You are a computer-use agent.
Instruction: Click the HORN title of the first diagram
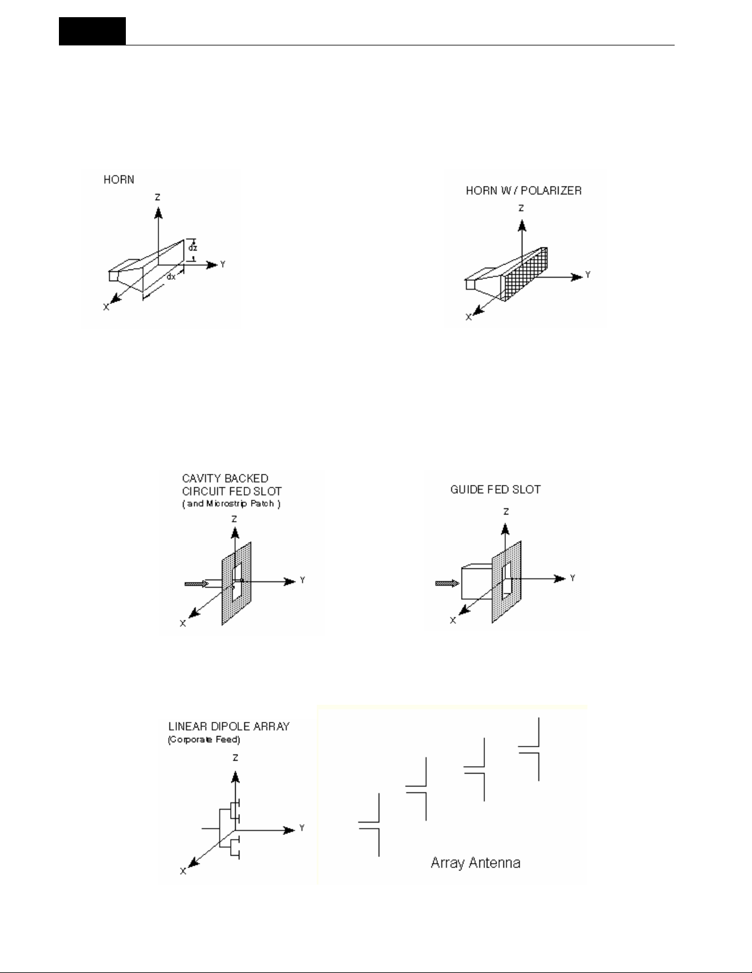(118, 180)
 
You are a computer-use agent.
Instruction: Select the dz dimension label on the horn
(193, 248)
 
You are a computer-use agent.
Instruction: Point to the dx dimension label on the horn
(171, 276)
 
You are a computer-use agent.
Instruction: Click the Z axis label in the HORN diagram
(158, 198)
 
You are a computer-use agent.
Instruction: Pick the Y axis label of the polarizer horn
(587, 275)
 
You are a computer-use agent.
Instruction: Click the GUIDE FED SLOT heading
(495, 490)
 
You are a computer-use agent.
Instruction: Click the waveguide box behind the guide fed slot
(476, 584)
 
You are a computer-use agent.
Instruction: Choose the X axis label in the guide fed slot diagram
(453, 621)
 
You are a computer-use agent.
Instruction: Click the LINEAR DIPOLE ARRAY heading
(228, 727)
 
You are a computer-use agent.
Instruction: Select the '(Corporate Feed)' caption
(204, 740)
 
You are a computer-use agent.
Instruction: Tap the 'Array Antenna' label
(475, 863)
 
